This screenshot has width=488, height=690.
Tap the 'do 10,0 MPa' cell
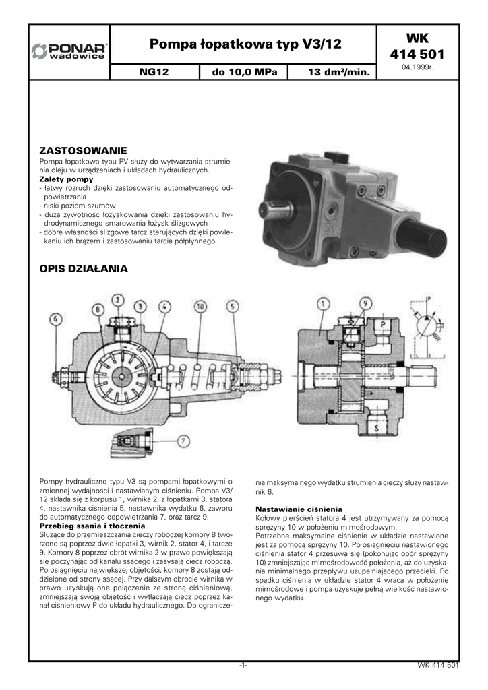point(244,71)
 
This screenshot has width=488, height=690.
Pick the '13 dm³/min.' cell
point(330,71)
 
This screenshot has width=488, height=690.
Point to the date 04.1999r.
point(417,69)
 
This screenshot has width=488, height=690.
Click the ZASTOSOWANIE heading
point(83,150)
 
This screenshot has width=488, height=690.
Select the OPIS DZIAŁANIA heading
point(83,268)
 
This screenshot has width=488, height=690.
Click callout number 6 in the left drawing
point(55,319)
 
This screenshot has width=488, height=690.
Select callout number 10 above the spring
point(200,307)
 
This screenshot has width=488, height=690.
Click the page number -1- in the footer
point(244,666)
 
